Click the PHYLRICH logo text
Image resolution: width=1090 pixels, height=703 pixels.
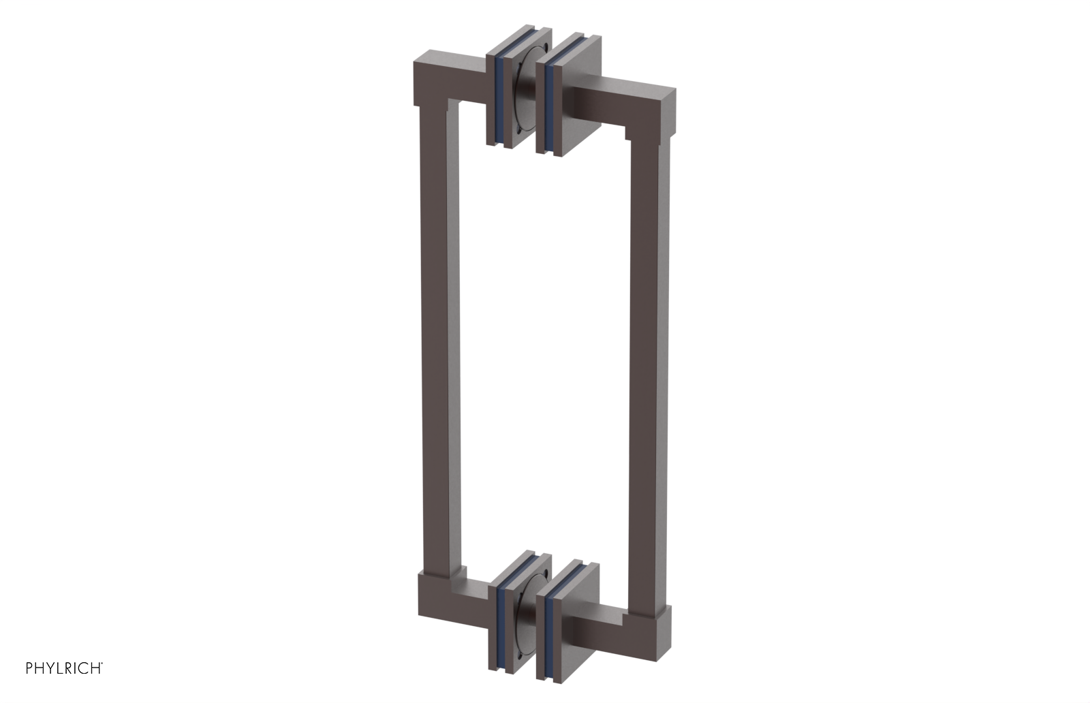click(x=64, y=668)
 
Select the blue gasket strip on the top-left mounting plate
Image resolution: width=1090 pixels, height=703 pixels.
click(x=502, y=99)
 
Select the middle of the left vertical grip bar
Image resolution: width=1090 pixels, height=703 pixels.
click(x=439, y=341)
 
